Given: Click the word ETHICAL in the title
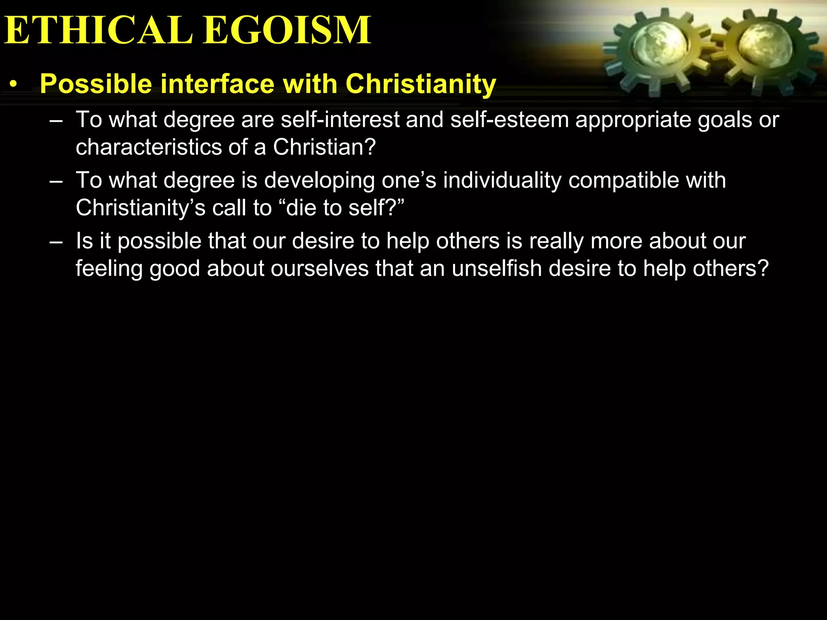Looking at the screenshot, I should (x=99, y=30).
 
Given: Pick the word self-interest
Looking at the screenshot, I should (x=340, y=120).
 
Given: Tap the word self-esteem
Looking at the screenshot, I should (x=510, y=120).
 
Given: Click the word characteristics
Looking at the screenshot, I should (x=149, y=147).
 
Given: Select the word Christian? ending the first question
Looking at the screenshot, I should (x=324, y=147).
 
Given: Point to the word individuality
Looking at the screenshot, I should (x=502, y=180).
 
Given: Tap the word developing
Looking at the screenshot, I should (x=319, y=180).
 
